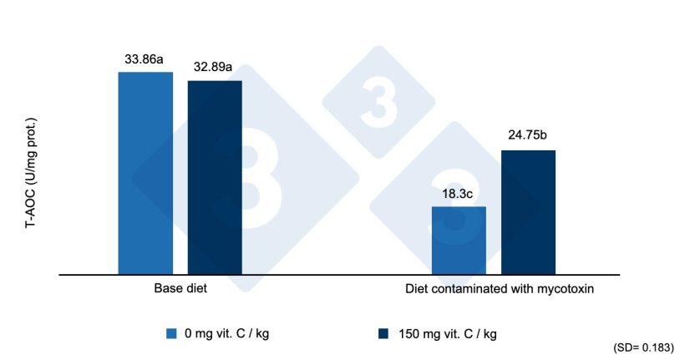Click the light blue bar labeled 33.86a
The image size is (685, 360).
point(145,173)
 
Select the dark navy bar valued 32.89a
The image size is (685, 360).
point(215,177)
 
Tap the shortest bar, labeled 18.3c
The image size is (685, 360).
point(459,240)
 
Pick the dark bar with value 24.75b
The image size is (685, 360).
point(528,212)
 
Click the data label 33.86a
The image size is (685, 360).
point(145,59)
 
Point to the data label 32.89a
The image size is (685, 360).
point(215,68)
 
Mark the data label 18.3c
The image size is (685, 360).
point(459,194)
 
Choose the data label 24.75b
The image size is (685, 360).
point(528,137)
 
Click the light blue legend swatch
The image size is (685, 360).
point(171,334)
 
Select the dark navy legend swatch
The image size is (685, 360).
point(383,334)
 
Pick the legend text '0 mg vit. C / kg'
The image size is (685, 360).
point(228,334)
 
